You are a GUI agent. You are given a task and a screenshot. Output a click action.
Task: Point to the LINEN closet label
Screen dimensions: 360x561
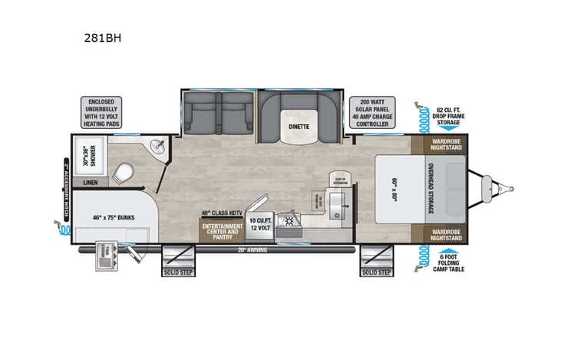pyautogui.click(x=90, y=183)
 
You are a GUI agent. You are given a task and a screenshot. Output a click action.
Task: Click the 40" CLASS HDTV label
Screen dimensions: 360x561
pyautogui.click(x=216, y=212)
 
